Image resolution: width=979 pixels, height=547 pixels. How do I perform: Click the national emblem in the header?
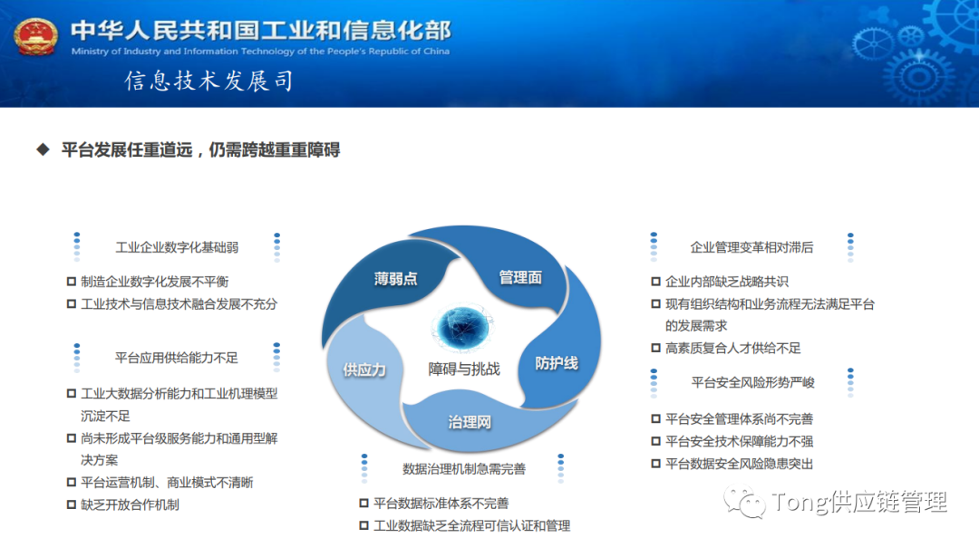click(35, 35)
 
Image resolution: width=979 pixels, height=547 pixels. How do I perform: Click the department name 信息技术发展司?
click(209, 82)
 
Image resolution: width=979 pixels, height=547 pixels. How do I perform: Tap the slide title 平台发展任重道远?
click(200, 150)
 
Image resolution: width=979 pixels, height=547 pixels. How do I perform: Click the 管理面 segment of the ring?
click(520, 277)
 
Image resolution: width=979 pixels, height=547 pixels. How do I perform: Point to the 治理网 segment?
click(470, 422)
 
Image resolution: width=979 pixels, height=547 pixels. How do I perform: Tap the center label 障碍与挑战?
click(464, 369)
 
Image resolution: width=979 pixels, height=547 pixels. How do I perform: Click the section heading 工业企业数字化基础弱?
click(177, 247)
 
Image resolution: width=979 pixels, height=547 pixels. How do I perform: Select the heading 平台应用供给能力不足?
click(177, 358)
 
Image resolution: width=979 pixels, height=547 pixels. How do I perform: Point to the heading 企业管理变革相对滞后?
click(751, 247)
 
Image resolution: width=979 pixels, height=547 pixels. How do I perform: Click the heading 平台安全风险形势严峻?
click(752, 382)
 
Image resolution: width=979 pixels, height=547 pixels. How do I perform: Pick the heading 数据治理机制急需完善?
click(464, 469)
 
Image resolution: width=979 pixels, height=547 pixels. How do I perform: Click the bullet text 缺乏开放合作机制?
click(130, 504)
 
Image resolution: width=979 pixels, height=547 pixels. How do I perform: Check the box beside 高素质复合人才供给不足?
click(656, 349)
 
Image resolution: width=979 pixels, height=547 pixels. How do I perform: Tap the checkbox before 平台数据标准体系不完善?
click(364, 504)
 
